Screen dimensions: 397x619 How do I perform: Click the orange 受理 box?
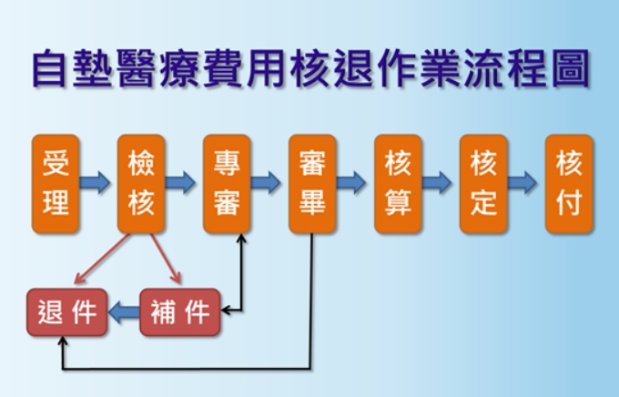click(56, 184)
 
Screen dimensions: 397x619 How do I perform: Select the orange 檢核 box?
click(141, 184)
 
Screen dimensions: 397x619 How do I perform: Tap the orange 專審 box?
click(227, 184)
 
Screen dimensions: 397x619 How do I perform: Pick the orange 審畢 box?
click(312, 184)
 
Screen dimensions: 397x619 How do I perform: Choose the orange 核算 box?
click(398, 184)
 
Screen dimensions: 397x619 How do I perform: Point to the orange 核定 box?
click(483, 184)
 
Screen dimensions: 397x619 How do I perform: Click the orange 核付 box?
click(569, 184)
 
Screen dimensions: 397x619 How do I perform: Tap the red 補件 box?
click(179, 312)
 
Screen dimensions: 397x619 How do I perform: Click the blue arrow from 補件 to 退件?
click(124, 313)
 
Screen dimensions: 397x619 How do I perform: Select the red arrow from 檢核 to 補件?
click(161, 259)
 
